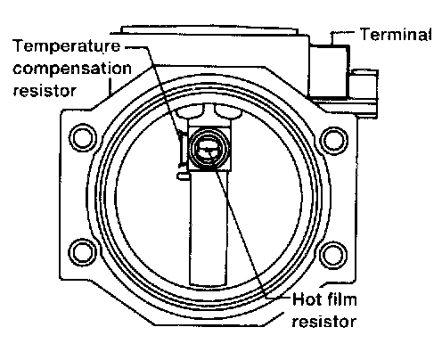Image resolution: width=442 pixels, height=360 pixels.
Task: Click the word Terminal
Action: pyautogui.click(x=396, y=34)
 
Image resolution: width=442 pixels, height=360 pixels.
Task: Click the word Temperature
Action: pyautogui.click(x=67, y=46)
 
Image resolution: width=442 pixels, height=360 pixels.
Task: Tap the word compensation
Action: pyautogui.click(x=72, y=69)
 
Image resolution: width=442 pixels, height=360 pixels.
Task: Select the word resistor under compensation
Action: pyautogui.click(x=45, y=91)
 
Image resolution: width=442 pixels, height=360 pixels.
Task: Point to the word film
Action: pyautogui.click(x=341, y=299)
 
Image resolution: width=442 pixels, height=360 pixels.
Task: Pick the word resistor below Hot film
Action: pyautogui.click(x=323, y=322)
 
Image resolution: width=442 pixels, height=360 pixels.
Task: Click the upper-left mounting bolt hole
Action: pyautogui.click(x=83, y=138)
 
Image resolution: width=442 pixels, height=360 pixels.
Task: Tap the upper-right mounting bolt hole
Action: pyautogui.click(x=334, y=141)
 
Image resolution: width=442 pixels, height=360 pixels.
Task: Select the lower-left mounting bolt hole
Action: pyautogui.click(x=82, y=252)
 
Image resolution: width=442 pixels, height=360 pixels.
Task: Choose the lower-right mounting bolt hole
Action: pyautogui.click(x=333, y=255)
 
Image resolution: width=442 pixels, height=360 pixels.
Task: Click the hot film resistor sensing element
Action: pyautogui.click(x=209, y=150)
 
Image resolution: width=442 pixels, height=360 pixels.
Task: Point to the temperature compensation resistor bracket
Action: pyautogui.click(x=183, y=150)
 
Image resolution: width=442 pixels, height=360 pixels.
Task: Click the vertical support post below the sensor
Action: pyautogui.click(x=209, y=227)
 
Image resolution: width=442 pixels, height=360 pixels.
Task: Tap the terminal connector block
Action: pyautogui.click(x=329, y=71)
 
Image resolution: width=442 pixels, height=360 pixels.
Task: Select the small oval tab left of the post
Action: pyautogui.click(x=183, y=176)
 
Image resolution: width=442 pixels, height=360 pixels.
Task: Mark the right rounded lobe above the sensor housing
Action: pyautogui.click(x=228, y=112)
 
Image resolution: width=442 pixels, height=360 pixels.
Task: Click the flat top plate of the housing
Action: pyautogui.click(x=209, y=30)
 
